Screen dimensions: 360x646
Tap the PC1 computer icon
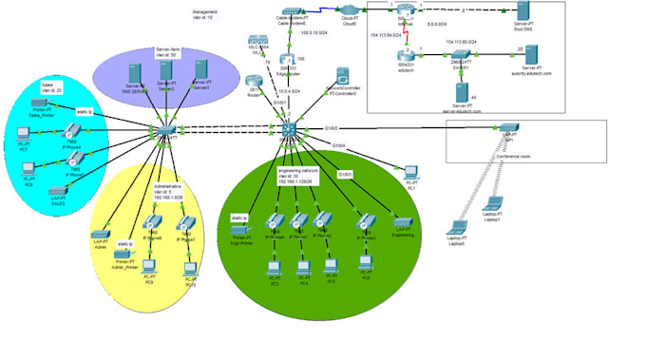pos(410,172)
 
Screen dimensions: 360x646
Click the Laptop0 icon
pos(457,228)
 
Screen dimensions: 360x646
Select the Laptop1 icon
pos(493,203)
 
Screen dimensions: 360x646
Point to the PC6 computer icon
pos(150,270)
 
